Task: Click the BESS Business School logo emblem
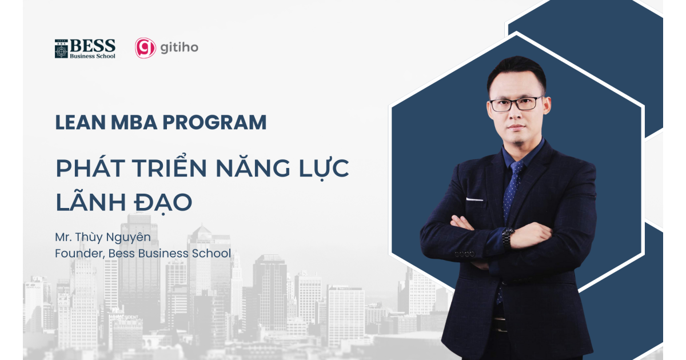61,49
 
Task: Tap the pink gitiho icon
145,48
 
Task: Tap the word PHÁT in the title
86,169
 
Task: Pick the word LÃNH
85,202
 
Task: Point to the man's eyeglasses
516,104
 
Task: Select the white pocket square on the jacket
474,199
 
